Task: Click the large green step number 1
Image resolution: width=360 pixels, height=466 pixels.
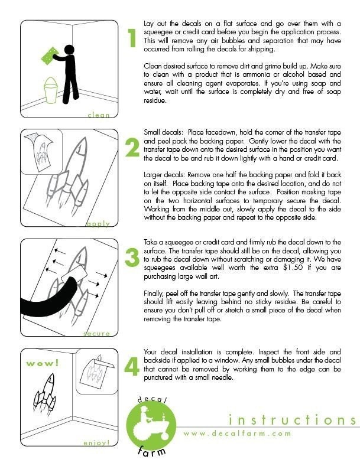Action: coord(132,38)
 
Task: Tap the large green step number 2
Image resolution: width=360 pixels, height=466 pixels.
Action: coord(132,148)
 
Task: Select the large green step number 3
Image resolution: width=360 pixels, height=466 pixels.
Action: coord(132,257)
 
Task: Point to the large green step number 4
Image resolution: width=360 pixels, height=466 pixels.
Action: coord(131,366)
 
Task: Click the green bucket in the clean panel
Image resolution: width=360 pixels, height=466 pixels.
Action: coord(51,90)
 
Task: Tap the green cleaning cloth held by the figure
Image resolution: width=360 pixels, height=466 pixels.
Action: coord(50,56)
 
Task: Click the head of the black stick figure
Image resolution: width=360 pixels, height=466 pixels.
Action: coord(69,50)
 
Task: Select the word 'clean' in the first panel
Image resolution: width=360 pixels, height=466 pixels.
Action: coord(99,115)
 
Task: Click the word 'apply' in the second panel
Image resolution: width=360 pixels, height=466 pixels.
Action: coord(98,224)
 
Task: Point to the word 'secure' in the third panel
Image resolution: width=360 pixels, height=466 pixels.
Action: coord(97,334)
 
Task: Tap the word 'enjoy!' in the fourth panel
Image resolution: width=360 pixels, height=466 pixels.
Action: coord(97,443)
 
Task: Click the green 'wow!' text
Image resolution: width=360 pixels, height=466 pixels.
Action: coord(43,363)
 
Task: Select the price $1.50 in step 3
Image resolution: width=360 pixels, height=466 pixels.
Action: coord(293,268)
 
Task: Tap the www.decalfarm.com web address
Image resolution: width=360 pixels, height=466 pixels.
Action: coord(237,434)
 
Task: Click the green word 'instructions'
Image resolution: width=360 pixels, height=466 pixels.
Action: coord(292,419)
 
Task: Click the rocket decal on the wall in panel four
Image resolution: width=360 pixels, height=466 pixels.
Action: coord(44,393)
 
